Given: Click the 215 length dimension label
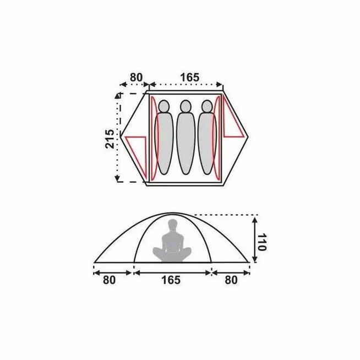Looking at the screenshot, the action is (x=110, y=139).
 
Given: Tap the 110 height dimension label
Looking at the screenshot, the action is (x=261, y=242).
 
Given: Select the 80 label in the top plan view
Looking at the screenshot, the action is (x=136, y=78).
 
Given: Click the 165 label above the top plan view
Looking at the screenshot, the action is (x=190, y=78).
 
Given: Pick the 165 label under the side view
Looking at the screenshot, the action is (x=171, y=280).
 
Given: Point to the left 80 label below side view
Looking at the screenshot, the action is (x=109, y=280).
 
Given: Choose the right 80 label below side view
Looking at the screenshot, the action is (x=231, y=280).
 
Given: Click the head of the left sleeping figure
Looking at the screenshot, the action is (x=163, y=106).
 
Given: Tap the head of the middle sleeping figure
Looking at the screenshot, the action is (x=186, y=106).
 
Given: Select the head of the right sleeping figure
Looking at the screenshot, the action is (x=207, y=106).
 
